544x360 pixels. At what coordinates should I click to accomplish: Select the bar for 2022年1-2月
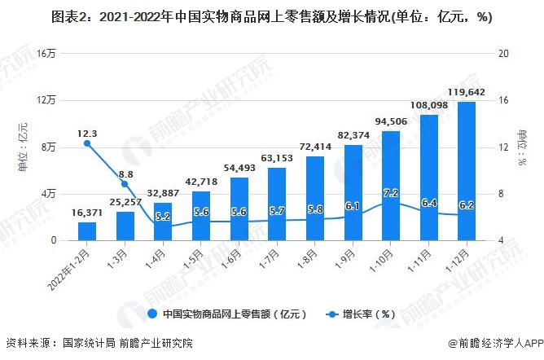pos(87,230)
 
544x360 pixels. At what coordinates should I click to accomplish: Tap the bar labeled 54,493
pos(239,209)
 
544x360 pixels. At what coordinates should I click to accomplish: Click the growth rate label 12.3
pos(87,133)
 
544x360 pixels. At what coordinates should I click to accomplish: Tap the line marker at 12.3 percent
pos(87,143)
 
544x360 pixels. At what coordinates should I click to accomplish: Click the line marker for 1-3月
pos(125,184)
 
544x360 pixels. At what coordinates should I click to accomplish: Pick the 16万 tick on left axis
pos(46,54)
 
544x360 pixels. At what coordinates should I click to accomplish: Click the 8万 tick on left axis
pos(48,147)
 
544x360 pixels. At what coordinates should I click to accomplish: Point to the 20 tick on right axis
pos(502,54)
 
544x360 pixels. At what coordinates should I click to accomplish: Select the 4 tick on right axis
pos(500,240)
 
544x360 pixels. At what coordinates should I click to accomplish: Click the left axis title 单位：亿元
pos(23,147)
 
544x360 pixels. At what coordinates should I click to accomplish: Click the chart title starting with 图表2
pos(271,17)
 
